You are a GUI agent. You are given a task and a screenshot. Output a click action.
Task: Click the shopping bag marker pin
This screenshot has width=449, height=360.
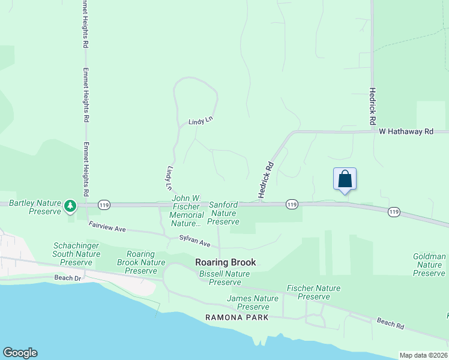click(345, 179)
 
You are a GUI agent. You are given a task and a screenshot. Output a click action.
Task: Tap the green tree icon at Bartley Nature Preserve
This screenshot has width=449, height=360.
click(71, 206)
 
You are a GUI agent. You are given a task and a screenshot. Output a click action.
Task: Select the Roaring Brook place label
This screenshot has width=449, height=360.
click(225, 262)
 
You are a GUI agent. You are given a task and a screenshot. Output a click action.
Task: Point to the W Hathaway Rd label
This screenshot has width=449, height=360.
click(406, 131)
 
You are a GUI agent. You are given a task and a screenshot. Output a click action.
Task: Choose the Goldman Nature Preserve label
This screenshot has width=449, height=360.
click(429, 265)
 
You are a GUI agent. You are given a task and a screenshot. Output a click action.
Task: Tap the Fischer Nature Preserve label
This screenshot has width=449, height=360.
click(313, 292)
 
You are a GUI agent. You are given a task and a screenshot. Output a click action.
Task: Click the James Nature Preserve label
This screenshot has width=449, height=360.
click(253, 302)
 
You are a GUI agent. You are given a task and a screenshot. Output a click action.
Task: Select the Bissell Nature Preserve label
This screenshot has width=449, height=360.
click(224, 278)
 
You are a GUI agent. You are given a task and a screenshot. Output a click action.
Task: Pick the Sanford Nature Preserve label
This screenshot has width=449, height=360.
click(223, 213)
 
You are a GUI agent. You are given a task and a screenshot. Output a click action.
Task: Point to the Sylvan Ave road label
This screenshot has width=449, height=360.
click(195, 241)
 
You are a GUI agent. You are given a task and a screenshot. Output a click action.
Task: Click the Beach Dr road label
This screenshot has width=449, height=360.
click(68, 278)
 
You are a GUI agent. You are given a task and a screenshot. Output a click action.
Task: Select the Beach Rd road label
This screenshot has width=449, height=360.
click(390, 323)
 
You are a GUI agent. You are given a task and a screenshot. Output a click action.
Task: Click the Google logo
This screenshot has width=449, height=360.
click(20, 353)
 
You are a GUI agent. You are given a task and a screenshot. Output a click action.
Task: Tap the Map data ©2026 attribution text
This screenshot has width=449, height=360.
click(423, 355)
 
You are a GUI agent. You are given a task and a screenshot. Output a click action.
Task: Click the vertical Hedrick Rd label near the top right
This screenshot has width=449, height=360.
click(373, 107)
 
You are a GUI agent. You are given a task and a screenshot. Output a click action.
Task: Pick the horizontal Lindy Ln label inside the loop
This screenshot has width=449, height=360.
click(200, 121)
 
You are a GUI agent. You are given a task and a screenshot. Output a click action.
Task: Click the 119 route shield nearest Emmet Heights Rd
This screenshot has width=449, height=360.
click(104, 204)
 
